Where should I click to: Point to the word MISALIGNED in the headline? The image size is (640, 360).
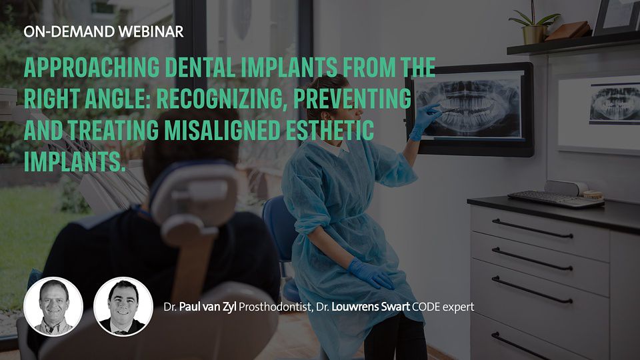pos(222,130)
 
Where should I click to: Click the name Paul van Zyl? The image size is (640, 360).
pos(208,307)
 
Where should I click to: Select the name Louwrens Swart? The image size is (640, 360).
pos(371,307)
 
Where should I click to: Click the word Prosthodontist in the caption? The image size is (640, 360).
pos(276,307)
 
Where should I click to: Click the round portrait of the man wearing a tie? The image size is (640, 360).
pos(123,307)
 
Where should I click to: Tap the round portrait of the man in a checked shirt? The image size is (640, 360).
pos(53,307)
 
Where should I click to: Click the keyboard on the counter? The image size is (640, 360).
pos(555,199)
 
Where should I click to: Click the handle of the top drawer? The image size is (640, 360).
pos(532,229)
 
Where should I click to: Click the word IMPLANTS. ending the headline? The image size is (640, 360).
pos(73,161)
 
